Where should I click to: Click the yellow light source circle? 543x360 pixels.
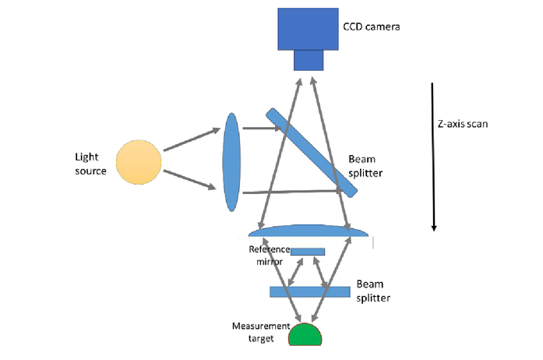139,163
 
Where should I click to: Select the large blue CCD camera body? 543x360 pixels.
308,29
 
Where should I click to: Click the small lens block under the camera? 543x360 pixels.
308,60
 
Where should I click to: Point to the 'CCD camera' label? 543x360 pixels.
371,26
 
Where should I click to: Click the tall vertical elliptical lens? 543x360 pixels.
231,161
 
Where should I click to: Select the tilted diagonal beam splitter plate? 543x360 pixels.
308,146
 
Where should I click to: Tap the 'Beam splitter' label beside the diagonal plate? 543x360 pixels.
366,164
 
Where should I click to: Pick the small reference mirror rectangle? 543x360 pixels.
307,252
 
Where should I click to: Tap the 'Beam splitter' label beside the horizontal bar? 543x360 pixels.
375,290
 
